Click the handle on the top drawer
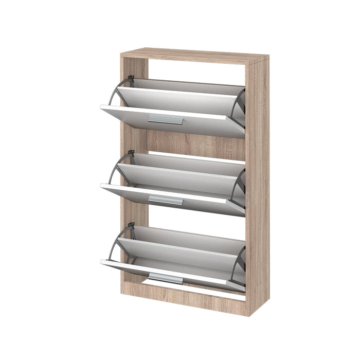pyautogui.click(x=166, y=120)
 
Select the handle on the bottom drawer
pyautogui.click(x=166, y=279)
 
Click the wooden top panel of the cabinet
pyautogui.click(x=195, y=55)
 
